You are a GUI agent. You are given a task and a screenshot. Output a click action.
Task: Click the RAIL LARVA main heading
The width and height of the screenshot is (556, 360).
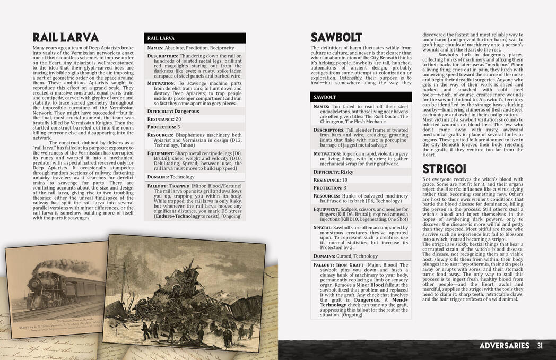65,38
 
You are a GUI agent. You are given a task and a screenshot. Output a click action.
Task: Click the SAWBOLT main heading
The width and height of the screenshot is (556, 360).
336,38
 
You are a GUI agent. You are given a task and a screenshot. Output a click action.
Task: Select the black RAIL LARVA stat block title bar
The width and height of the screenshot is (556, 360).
194,38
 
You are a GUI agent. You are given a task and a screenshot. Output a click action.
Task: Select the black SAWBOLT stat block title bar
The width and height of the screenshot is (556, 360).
361,97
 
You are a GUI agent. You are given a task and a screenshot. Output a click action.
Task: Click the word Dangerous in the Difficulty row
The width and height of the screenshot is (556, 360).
187,111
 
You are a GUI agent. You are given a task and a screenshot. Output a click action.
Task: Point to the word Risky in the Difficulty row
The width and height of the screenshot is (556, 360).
346,172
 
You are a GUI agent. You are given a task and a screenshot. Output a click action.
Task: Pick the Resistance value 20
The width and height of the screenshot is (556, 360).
178,119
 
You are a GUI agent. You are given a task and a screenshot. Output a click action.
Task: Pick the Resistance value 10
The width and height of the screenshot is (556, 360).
345,180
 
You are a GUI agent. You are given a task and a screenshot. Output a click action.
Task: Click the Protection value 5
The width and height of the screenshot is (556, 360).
179,127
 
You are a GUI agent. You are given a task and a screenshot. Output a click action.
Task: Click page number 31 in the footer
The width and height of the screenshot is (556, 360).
540,346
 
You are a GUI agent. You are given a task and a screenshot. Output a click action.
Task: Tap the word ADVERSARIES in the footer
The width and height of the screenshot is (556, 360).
504,346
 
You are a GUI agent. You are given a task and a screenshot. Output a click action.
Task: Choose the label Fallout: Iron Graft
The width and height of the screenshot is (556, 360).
334,265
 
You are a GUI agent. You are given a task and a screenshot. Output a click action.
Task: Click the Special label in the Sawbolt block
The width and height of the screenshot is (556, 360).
325,227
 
